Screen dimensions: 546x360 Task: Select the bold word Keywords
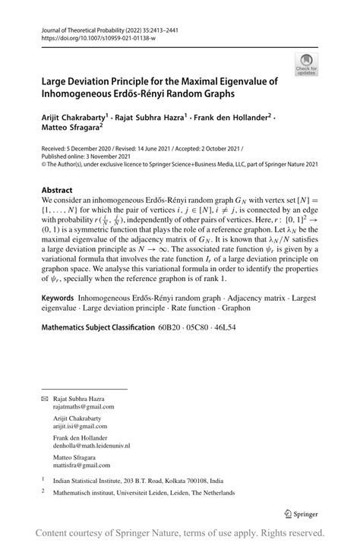61,332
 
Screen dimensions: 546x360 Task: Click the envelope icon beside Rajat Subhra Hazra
45,399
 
